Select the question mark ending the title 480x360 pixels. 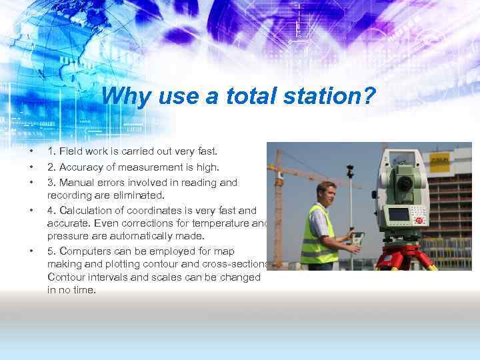tap(370, 97)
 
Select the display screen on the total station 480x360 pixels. tap(399, 215)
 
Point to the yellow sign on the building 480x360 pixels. tap(441, 161)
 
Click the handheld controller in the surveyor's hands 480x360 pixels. tap(356, 238)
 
